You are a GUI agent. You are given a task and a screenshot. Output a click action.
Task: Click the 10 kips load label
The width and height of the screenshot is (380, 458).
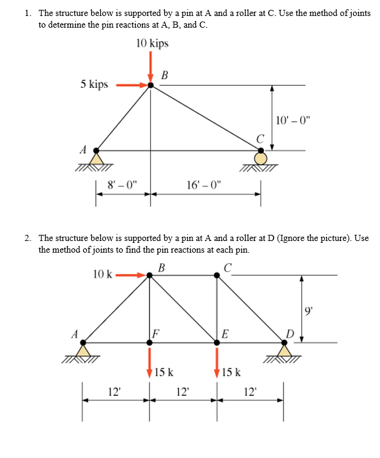point(151,43)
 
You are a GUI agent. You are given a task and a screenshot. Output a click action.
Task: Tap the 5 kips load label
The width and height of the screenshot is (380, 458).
point(94,84)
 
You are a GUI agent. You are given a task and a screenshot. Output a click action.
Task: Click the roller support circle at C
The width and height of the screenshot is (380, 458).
point(261,157)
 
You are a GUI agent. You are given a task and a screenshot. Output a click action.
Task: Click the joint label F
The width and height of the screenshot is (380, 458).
point(156,334)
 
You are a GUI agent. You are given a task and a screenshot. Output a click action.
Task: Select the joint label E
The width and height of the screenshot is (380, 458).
point(225,334)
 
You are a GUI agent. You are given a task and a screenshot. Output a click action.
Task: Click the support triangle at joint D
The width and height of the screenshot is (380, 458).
point(284,350)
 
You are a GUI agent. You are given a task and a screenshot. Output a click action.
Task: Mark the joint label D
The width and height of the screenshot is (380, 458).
point(290,333)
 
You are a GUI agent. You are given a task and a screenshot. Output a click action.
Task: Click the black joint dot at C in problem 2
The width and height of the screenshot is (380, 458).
point(216,275)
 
